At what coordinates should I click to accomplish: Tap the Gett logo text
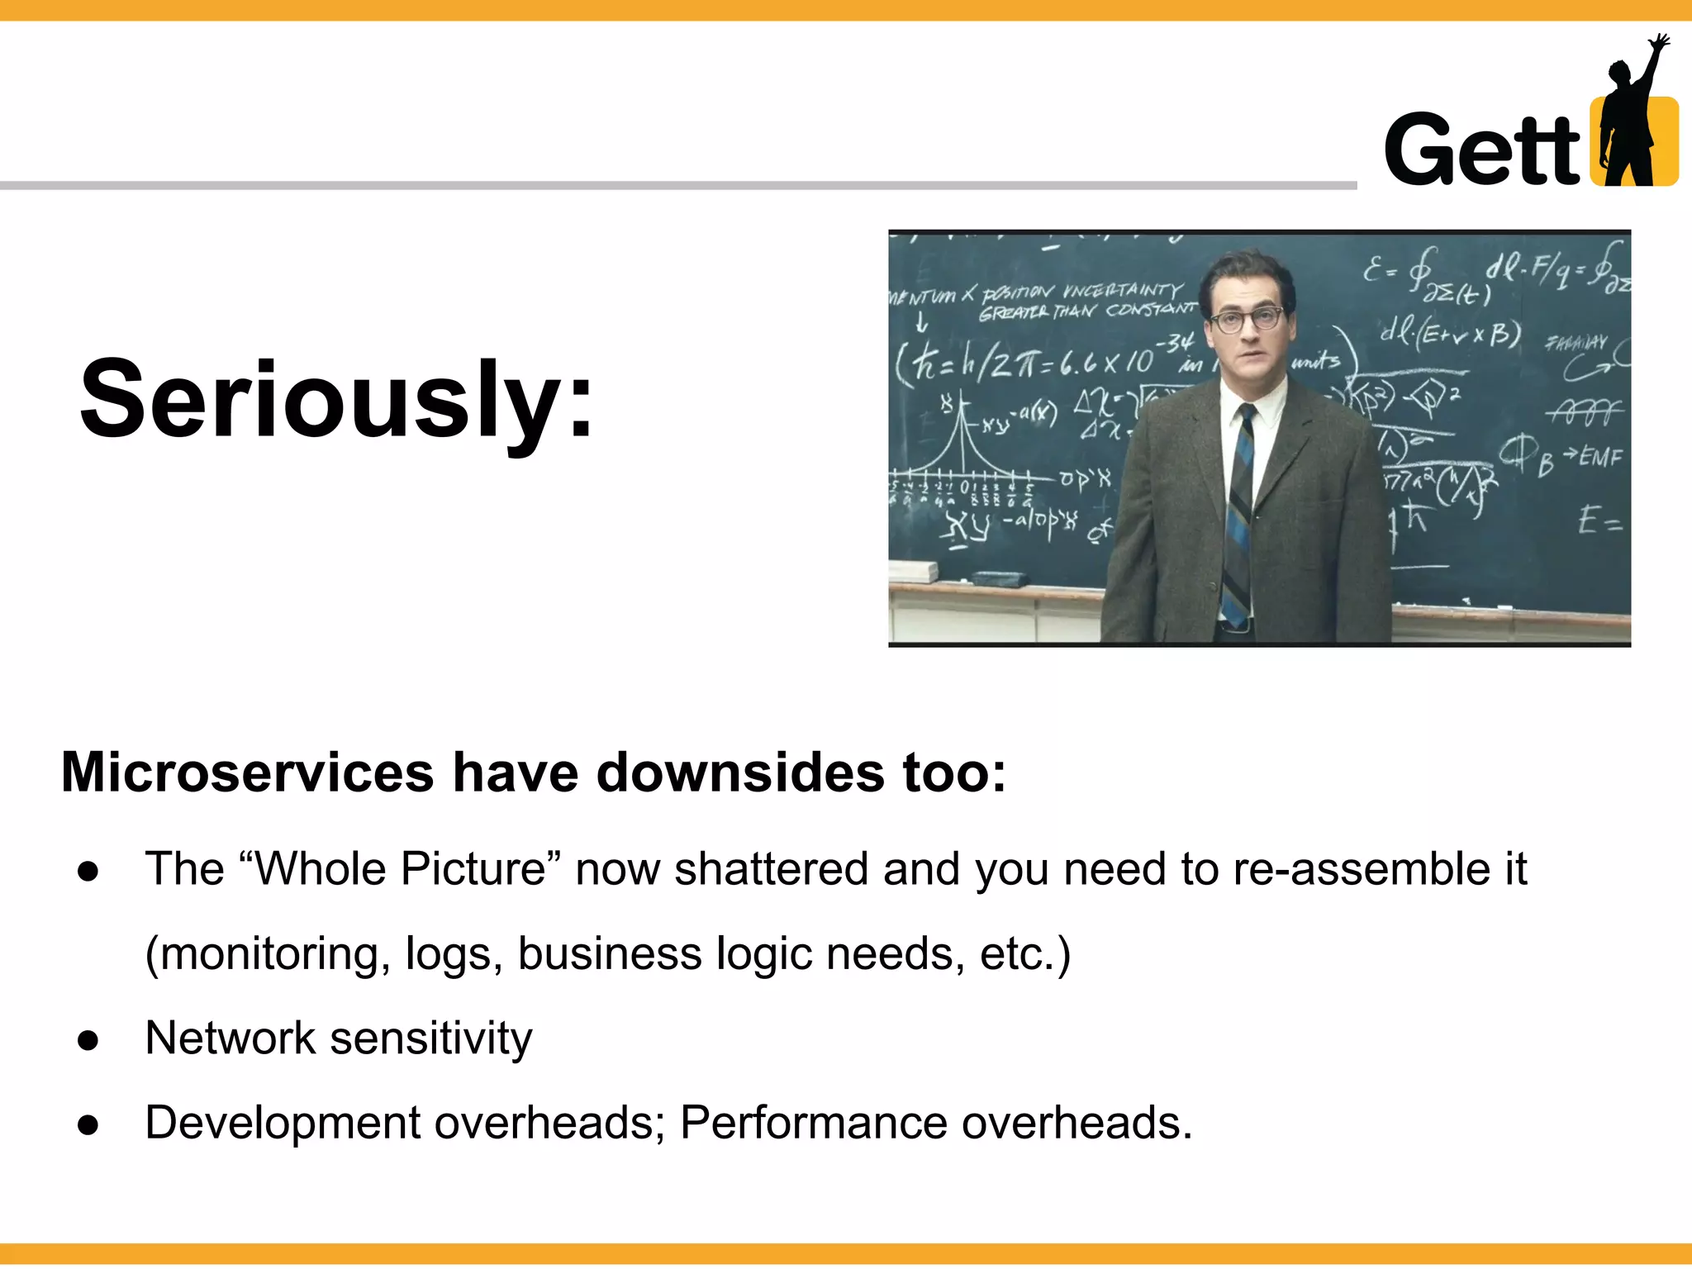pos(1482,150)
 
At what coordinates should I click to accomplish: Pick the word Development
pos(283,1123)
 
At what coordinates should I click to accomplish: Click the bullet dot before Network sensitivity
pos(88,1040)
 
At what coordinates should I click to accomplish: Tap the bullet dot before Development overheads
pos(88,1124)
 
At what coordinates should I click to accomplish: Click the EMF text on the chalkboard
pos(1600,457)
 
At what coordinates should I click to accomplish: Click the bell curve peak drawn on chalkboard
pos(962,413)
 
